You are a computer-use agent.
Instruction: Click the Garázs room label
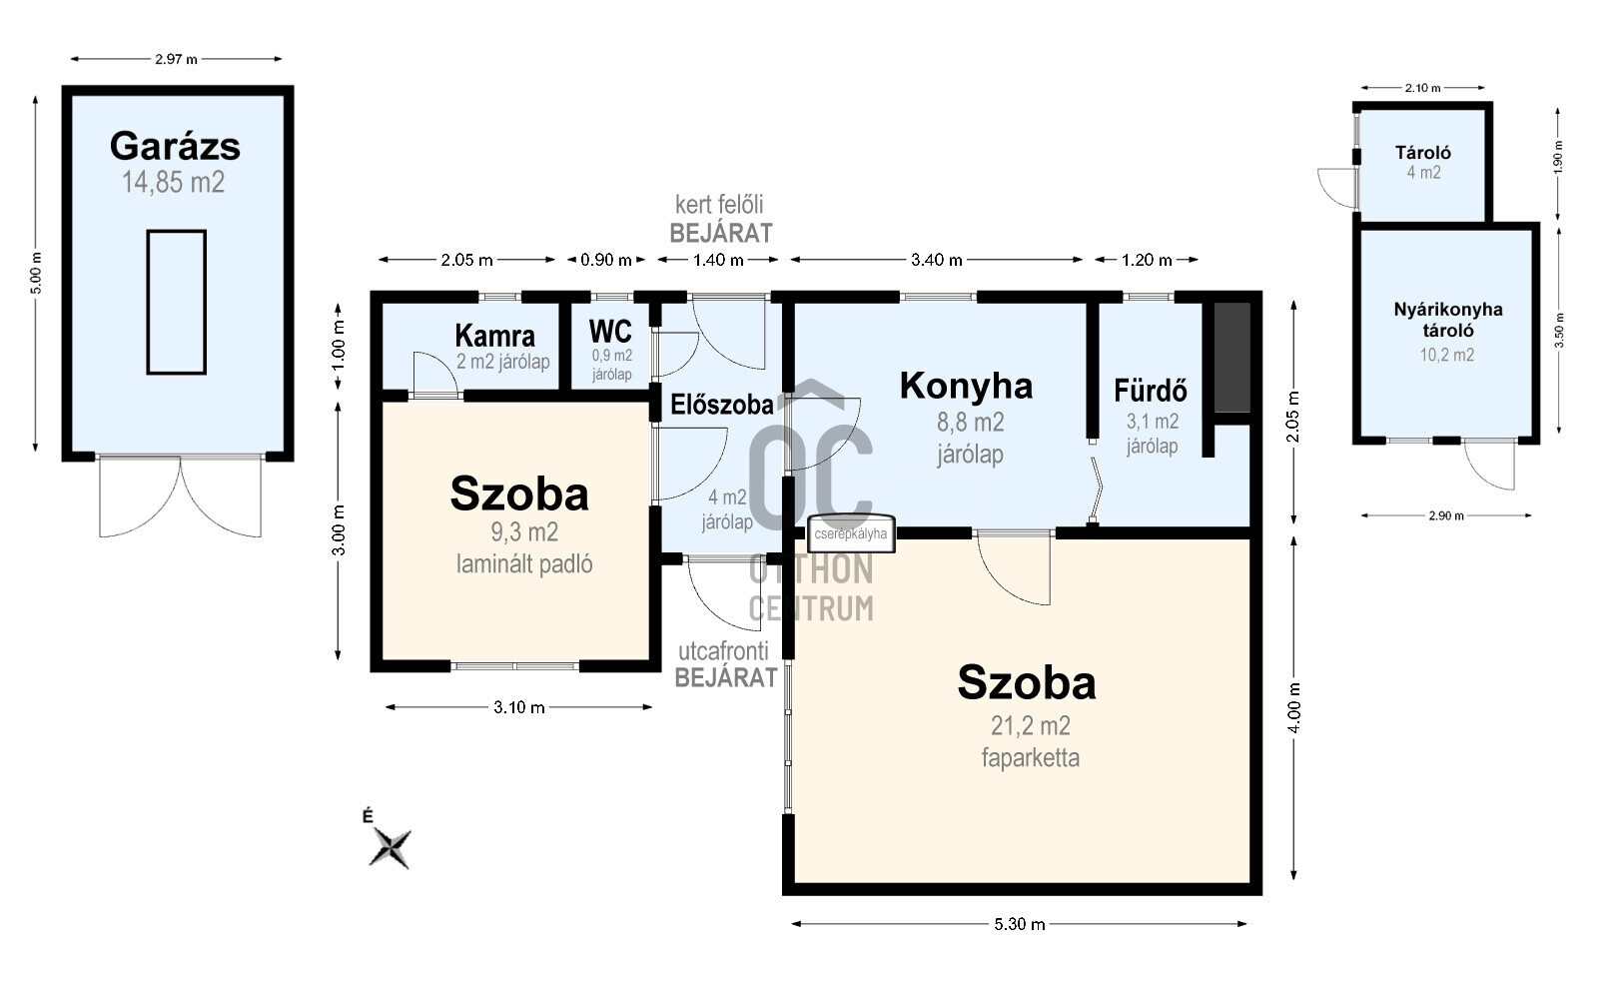tap(175, 146)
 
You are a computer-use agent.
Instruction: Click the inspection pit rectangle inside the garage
tap(177, 302)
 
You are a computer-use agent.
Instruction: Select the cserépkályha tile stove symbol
tap(851, 533)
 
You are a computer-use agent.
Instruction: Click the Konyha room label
tap(966, 386)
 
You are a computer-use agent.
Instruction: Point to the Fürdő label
tap(1151, 390)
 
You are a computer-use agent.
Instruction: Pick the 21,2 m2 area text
tap(1030, 726)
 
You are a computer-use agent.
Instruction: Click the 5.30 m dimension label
tap(1020, 924)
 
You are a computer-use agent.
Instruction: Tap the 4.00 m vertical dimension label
tap(1294, 708)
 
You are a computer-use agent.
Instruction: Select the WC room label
tap(610, 331)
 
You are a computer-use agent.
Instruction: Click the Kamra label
tap(494, 336)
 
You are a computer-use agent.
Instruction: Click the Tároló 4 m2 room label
tap(1423, 153)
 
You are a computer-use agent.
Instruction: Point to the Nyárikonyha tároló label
tap(1448, 319)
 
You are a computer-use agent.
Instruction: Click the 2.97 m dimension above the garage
tap(176, 59)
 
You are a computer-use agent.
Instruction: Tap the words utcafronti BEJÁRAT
tap(726, 664)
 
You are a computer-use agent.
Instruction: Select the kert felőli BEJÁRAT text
tap(720, 219)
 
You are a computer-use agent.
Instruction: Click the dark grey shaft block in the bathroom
tap(1231, 357)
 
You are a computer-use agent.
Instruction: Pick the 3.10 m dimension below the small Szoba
tap(519, 707)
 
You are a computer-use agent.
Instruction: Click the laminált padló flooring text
tap(524, 564)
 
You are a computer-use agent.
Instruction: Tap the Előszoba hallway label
tap(721, 405)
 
